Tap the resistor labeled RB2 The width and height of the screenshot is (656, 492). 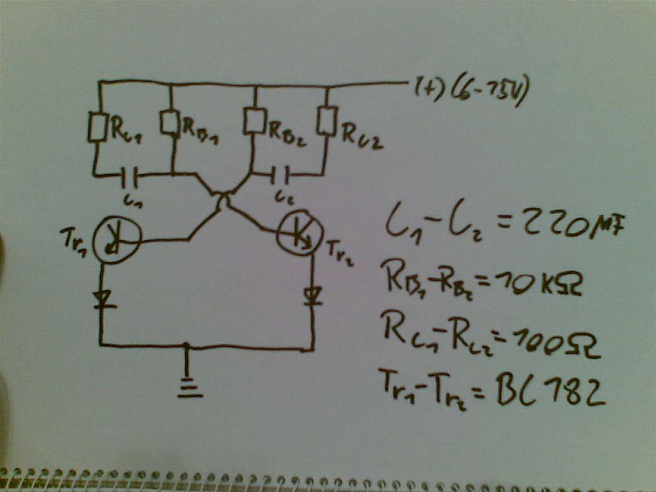(x=253, y=120)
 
